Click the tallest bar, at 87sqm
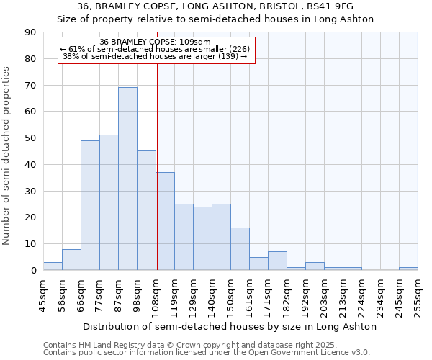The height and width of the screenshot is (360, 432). [127, 179]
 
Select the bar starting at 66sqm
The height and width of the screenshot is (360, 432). [90, 205]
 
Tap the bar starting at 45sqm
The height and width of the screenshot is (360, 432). [53, 266]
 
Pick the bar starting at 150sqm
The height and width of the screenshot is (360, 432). [240, 249]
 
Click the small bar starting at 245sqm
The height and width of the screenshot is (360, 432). [408, 269]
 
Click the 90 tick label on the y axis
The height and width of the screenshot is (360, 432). [31, 32]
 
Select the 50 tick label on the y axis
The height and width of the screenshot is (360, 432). [31, 138]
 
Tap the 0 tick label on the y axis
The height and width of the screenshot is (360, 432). [34, 271]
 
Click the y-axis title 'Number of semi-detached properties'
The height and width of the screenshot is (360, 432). [7, 156]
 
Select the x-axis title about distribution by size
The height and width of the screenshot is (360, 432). [230, 326]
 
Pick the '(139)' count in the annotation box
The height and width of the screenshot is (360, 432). [228, 56]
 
